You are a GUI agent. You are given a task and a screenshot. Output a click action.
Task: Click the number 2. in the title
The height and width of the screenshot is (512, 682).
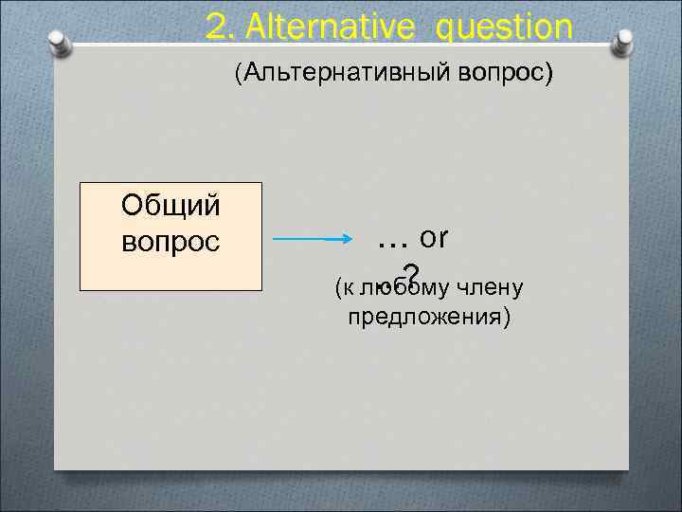tap(220, 27)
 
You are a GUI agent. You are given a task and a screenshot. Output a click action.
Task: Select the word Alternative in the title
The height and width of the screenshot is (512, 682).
tap(316, 27)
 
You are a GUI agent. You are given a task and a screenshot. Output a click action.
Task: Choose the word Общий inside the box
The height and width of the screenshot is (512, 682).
tap(170, 203)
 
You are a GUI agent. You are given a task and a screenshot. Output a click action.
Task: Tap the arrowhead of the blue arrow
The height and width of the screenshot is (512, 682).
tap(349, 240)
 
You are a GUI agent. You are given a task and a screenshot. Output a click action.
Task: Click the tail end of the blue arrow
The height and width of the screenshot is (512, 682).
tap(278, 240)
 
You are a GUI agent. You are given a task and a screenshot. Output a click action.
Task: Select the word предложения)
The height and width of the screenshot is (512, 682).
tap(429, 316)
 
